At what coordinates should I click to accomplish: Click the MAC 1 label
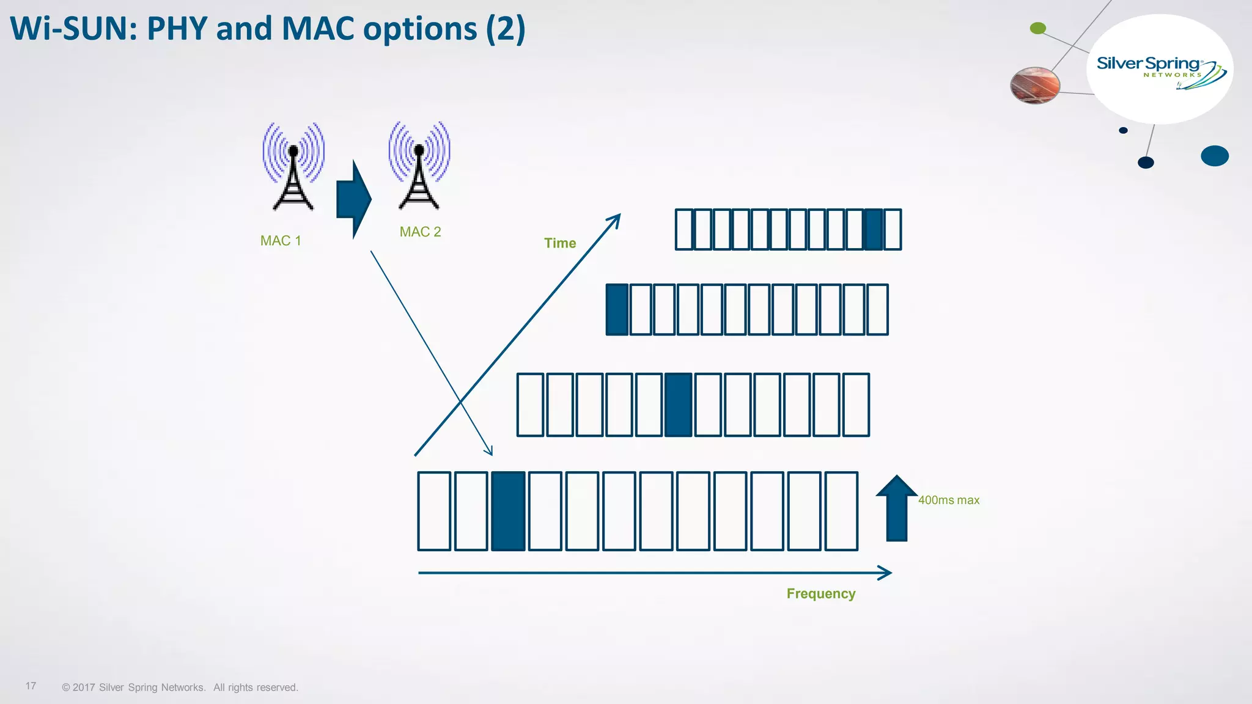point(281,241)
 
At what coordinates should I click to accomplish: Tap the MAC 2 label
point(420,232)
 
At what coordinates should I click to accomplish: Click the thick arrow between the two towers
point(353,199)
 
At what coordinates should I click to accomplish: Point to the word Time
point(560,243)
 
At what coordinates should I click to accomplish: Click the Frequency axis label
point(820,594)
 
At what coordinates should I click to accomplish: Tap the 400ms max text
point(949,501)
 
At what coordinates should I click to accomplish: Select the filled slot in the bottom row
point(509,512)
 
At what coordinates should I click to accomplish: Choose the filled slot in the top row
point(874,230)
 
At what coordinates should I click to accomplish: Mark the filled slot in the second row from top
point(617,310)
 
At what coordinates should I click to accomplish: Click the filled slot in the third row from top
point(678,405)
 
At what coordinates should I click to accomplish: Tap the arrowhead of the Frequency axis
point(886,573)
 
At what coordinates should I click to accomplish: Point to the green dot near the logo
point(1038,28)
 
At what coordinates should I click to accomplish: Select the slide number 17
point(31,686)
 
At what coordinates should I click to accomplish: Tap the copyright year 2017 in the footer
point(84,687)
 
